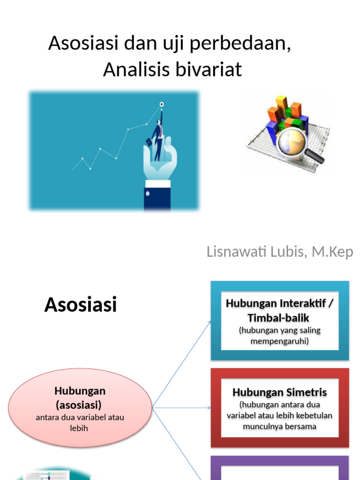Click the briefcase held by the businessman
[149, 141]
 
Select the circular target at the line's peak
[162, 104]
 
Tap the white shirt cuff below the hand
[157, 184]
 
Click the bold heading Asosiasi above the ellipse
[80, 305]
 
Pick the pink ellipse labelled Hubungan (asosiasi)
[80, 407]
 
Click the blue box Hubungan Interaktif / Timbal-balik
[280, 321]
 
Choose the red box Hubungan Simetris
[280, 408]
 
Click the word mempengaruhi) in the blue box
[280, 341]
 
